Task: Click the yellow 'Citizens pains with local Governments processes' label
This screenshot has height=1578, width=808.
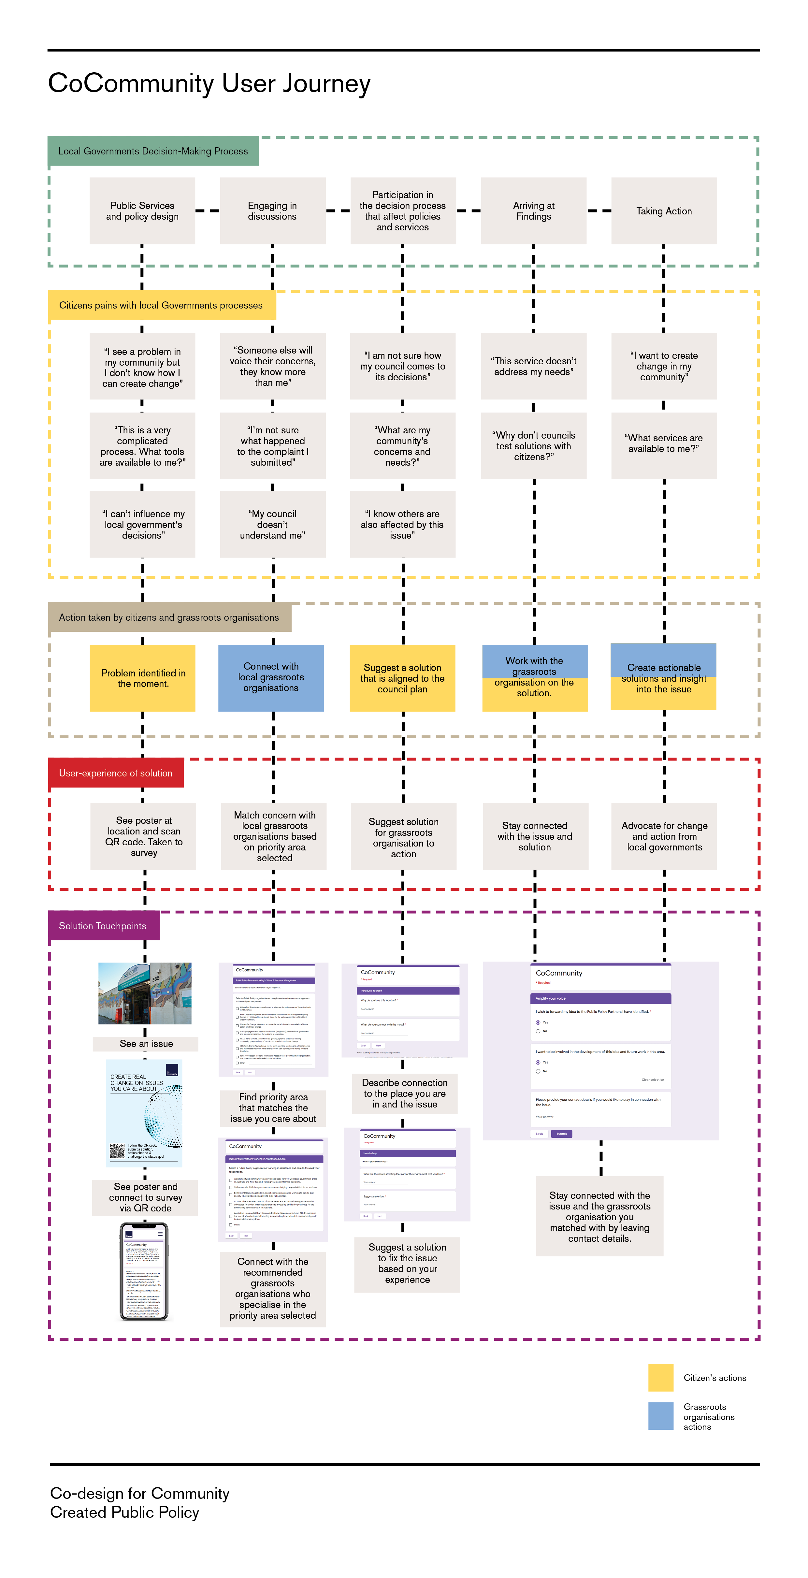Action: [161, 305]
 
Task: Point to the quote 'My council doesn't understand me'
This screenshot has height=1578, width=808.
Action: [273, 524]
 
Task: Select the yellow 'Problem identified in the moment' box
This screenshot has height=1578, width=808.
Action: [143, 678]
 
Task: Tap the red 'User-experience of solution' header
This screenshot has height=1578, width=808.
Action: [116, 773]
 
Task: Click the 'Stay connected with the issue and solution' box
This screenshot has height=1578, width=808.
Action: [535, 836]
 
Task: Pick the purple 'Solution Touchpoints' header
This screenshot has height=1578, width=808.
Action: [103, 926]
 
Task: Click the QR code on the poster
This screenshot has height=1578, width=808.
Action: [117, 1151]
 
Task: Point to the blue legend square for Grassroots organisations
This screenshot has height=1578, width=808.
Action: [660, 1416]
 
